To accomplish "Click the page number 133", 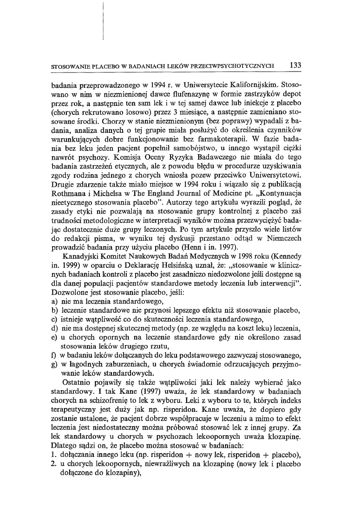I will (x=294, y=65).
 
